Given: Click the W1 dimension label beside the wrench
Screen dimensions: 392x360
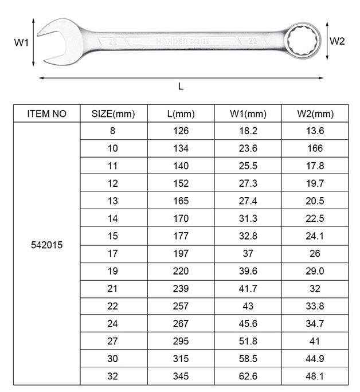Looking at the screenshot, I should [x=21, y=42].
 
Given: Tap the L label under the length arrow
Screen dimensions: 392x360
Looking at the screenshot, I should [x=181, y=87].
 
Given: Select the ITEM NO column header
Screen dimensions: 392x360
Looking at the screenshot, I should [x=47, y=113].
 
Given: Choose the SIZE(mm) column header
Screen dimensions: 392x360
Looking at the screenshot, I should [x=113, y=113].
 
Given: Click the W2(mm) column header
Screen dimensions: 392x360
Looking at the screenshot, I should [x=315, y=113].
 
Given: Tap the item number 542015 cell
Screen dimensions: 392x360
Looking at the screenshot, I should [x=47, y=244].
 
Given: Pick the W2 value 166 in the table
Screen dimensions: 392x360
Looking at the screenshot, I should [x=315, y=148].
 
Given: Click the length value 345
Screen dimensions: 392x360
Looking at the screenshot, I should [x=181, y=376].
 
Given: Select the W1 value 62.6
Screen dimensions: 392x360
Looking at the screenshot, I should [x=248, y=376].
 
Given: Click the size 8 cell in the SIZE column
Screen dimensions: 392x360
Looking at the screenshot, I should [x=113, y=131].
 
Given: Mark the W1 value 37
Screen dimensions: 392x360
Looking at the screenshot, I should [x=248, y=253].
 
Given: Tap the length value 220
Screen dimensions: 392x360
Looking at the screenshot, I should [x=181, y=271].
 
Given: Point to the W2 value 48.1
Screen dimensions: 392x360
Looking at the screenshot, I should [x=315, y=376].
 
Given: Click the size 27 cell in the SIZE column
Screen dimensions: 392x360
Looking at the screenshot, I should [x=113, y=341].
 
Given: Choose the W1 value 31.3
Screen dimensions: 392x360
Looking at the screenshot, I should [x=248, y=218].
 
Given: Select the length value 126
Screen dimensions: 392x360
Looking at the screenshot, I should [x=181, y=131].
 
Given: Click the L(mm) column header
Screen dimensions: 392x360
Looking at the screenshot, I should [x=181, y=113].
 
